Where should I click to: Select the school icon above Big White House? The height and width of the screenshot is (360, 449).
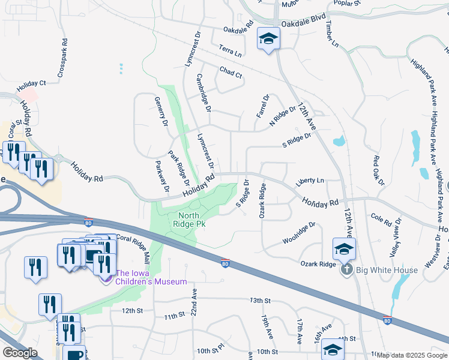[344, 248]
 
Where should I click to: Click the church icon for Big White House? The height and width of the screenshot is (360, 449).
[346, 270]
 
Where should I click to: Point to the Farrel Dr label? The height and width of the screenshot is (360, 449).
[263, 105]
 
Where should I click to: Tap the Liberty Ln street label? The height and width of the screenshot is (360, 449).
[310, 181]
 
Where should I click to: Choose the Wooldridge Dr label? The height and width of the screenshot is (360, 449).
[299, 234]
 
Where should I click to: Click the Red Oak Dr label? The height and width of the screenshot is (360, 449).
[377, 170]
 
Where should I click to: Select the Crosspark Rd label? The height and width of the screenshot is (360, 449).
[62, 59]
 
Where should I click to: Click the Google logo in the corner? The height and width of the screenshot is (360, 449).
[20, 353]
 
